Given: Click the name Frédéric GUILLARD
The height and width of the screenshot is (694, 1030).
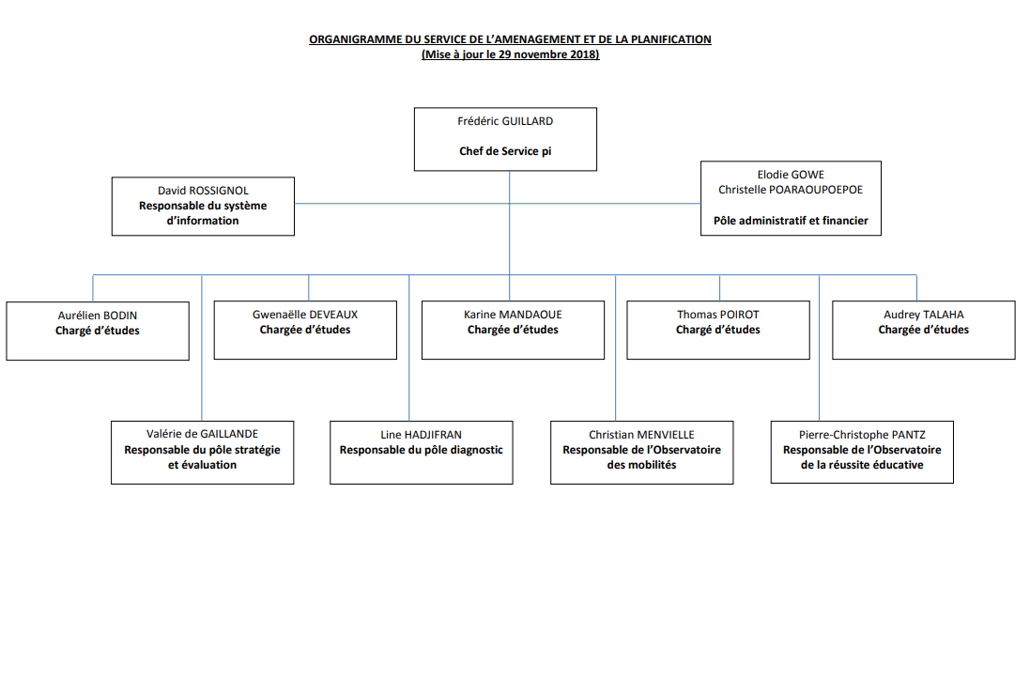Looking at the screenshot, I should tap(505, 121).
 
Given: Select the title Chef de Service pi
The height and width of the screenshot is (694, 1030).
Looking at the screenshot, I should tap(505, 151).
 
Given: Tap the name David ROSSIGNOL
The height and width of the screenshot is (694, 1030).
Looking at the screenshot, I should tap(203, 191).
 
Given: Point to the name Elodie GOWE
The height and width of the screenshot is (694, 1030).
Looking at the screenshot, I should tap(791, 175).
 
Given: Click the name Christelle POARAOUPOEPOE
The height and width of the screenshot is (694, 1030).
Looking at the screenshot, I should tap(791, 190).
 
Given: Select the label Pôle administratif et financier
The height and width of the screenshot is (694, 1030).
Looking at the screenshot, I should tap(791, 222).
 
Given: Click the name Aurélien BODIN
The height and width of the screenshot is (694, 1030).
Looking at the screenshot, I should tap(98, 316).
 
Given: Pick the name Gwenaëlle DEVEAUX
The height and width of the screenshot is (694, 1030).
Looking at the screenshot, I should tap(305, 315).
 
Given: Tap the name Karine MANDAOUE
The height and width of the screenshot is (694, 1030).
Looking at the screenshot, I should tap(513, 315).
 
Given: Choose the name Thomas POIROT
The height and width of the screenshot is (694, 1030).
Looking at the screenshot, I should tap(717, 315).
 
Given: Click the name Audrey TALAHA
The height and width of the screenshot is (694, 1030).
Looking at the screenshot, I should tap(923, 315).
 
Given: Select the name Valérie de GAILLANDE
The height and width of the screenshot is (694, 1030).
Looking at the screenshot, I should tap(202, 434).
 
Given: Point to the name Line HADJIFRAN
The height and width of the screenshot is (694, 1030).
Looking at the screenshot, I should tap(421, 434).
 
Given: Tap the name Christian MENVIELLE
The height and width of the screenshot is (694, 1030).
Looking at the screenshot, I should tap(641, 435).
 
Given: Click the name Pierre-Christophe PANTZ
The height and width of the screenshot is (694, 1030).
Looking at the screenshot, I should tap(862, 435).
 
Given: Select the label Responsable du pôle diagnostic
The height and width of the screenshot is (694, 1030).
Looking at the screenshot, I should tap(421, 450).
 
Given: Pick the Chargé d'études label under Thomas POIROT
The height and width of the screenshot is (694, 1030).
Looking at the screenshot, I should tap(717, 330).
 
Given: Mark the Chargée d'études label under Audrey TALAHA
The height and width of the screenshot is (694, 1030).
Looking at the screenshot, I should tap(923, 330).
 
